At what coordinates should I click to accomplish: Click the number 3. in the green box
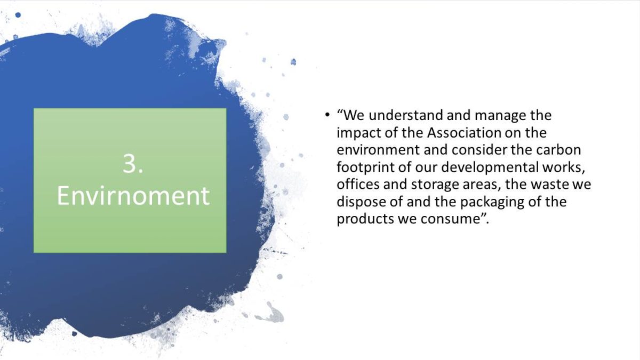(133, 164)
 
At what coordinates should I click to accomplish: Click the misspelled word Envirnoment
(133, 196)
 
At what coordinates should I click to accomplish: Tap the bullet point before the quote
(327, 115)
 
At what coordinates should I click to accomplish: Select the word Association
(464, 133)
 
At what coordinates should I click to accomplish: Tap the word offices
(358, 184)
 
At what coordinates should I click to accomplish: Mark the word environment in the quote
(378, 150)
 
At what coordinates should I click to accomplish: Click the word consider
(479, 150)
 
